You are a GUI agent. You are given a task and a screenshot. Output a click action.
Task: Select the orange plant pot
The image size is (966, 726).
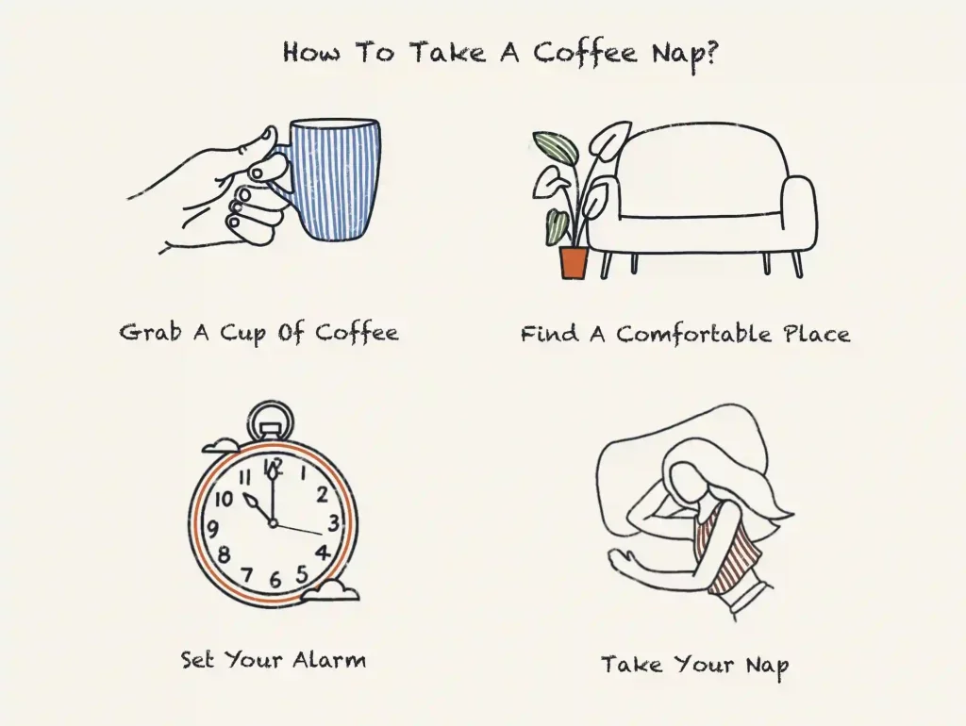[x=574, y=261]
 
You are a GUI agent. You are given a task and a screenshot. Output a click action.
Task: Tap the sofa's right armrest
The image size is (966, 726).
[x=797, y=214]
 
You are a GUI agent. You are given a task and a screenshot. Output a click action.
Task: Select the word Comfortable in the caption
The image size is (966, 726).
[x=697, y=335]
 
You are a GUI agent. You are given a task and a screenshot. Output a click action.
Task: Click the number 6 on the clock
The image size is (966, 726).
[x=275, y=580]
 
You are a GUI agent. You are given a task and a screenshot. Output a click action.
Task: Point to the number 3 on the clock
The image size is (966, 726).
[x=332, y=522]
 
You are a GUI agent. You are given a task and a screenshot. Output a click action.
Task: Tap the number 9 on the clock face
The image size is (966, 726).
[x=212, y=528]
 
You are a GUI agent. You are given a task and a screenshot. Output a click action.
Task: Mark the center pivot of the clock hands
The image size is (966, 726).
[x=273, y=523]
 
